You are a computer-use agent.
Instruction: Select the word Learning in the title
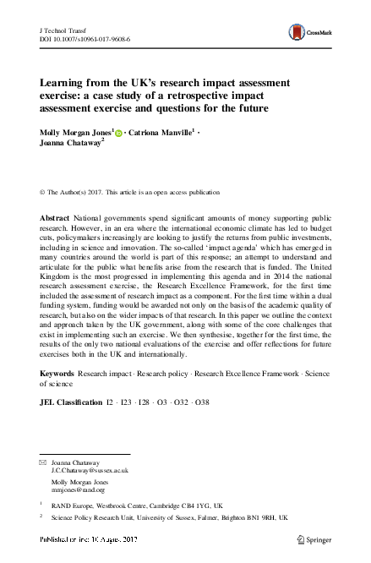(x=63, y=84)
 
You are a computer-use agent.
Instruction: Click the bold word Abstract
(x=56, y=218)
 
